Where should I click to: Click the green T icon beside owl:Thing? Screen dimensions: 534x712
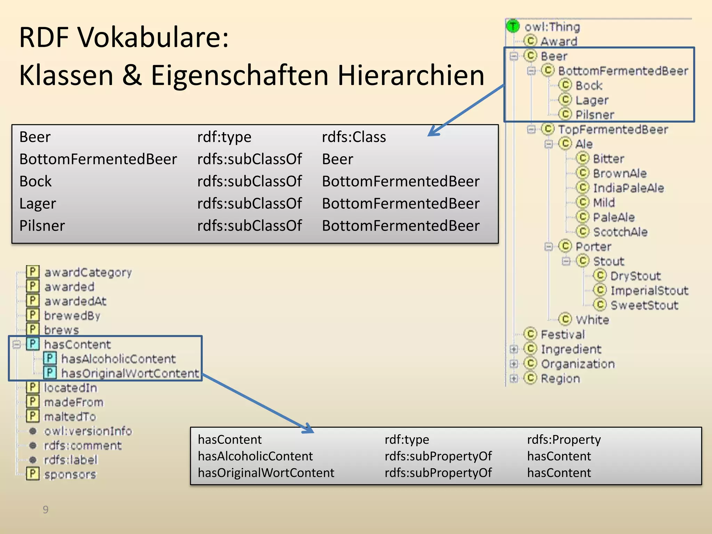513,26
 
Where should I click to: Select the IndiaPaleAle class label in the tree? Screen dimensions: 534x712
628,188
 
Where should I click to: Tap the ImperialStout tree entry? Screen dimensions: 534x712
649,291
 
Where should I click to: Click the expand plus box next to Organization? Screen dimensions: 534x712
513,364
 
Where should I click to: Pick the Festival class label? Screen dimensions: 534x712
563,334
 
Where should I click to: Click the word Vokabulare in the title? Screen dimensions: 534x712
153,37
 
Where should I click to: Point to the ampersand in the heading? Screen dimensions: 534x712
132,75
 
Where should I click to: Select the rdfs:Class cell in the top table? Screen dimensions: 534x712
354,137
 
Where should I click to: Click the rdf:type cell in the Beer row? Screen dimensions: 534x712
224,137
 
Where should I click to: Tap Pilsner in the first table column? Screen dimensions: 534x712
42,226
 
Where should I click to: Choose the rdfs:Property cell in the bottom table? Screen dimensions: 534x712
564,439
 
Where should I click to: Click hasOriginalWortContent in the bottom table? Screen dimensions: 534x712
266,473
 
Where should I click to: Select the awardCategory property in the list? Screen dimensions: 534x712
88,272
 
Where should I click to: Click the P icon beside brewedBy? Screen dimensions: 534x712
33,315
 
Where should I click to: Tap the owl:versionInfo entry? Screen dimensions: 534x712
88,431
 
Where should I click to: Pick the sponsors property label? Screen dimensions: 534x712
70,474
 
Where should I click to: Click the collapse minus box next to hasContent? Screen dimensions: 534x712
16,344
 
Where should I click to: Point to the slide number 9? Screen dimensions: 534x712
46,510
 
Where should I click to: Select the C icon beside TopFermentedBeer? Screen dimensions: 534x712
548,129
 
